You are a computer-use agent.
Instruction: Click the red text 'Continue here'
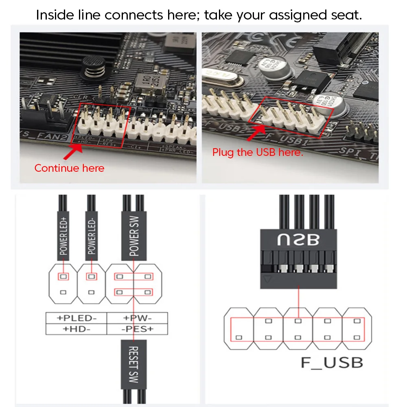(x=69, y=168)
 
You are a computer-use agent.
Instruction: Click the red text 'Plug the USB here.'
(x=258, y=153)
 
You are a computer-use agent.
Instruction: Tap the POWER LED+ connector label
(x=63, y=236)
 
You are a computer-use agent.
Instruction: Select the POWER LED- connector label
(x=92, y=236)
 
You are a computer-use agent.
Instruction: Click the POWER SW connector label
(x=134, y=236)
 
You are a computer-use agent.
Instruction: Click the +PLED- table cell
(x=76, y=318)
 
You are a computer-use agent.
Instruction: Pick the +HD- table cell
(x=76, y=329)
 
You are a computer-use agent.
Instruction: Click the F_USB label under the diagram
(x=332, y=362)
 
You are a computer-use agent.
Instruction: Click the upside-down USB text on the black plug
(x=298, y=240)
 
